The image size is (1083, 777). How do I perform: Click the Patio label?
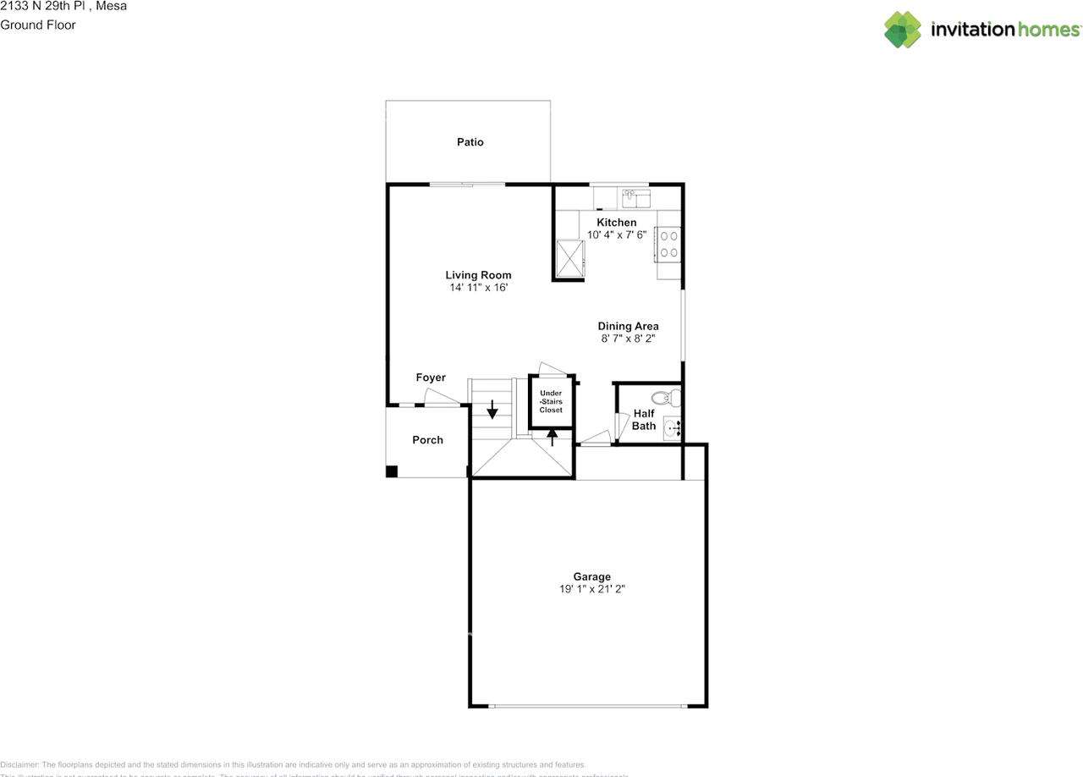pyautogui.click(x=470, y=142)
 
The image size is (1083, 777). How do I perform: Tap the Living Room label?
pyautogui.click(x=478, y=275)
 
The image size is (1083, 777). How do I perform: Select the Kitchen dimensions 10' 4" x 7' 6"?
pyautogui.click(x=617, y=234)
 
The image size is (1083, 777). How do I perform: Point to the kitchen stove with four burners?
pyautogui.click(x=668, y=244)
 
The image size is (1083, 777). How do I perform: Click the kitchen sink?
pyautogui.click(x=635, y=198)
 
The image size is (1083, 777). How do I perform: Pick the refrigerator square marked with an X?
pyautogui.click(x=570, y=257)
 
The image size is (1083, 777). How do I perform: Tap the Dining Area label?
pyautogui.click(x=628, y=326)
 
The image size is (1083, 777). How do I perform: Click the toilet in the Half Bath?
pyautogui.click(x=666, y=396)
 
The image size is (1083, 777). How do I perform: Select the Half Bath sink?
pyautogui.click(x=672, y=428)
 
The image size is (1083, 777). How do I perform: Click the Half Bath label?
pyautogui.click(x=644, y=420)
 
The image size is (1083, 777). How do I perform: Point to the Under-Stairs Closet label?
pyautogui.click(x=551, y=401)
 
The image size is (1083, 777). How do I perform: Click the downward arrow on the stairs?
pyautogui.click(x=492, y=410)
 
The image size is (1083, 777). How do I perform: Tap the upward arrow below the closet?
pyautogui.click(x=552, y=437)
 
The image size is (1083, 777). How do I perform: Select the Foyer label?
pyautogui.click(x=431, y=377)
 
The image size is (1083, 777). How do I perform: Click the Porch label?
pyautogui.click(x=427, y=440)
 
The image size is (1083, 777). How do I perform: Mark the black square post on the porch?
pyautogui.click(x=392, y=471)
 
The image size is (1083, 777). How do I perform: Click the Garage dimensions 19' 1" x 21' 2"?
pyautogui.click(x=592, y=589)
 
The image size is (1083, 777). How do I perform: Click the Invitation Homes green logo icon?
pyautogui.click(x=903, y=30)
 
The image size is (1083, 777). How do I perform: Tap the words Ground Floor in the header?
pyautogui.click(x=38, y=25)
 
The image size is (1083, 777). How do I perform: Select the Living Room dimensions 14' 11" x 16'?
pyautogui.click(x=478, y=288)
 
